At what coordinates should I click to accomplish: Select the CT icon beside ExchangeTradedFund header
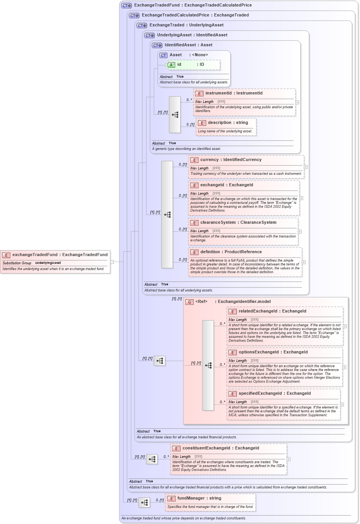126,6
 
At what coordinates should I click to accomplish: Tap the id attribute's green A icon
171,65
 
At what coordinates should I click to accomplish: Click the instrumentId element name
234,93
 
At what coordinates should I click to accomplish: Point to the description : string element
228,123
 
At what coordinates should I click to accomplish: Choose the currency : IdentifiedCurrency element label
231,160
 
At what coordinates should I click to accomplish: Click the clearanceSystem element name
238,223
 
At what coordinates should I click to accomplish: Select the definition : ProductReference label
231,252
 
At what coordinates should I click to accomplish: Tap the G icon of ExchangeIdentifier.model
189,302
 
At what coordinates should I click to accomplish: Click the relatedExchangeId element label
272,311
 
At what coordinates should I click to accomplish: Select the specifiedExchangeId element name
274,394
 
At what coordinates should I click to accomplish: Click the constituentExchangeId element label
220,448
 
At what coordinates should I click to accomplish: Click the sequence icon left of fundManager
144,502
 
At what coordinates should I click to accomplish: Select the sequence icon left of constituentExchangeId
152,459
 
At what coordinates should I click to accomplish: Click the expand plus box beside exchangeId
301,198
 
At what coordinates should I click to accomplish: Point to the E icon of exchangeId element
194,186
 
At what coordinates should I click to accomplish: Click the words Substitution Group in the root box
17,263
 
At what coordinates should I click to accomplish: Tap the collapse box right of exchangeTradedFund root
112,262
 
